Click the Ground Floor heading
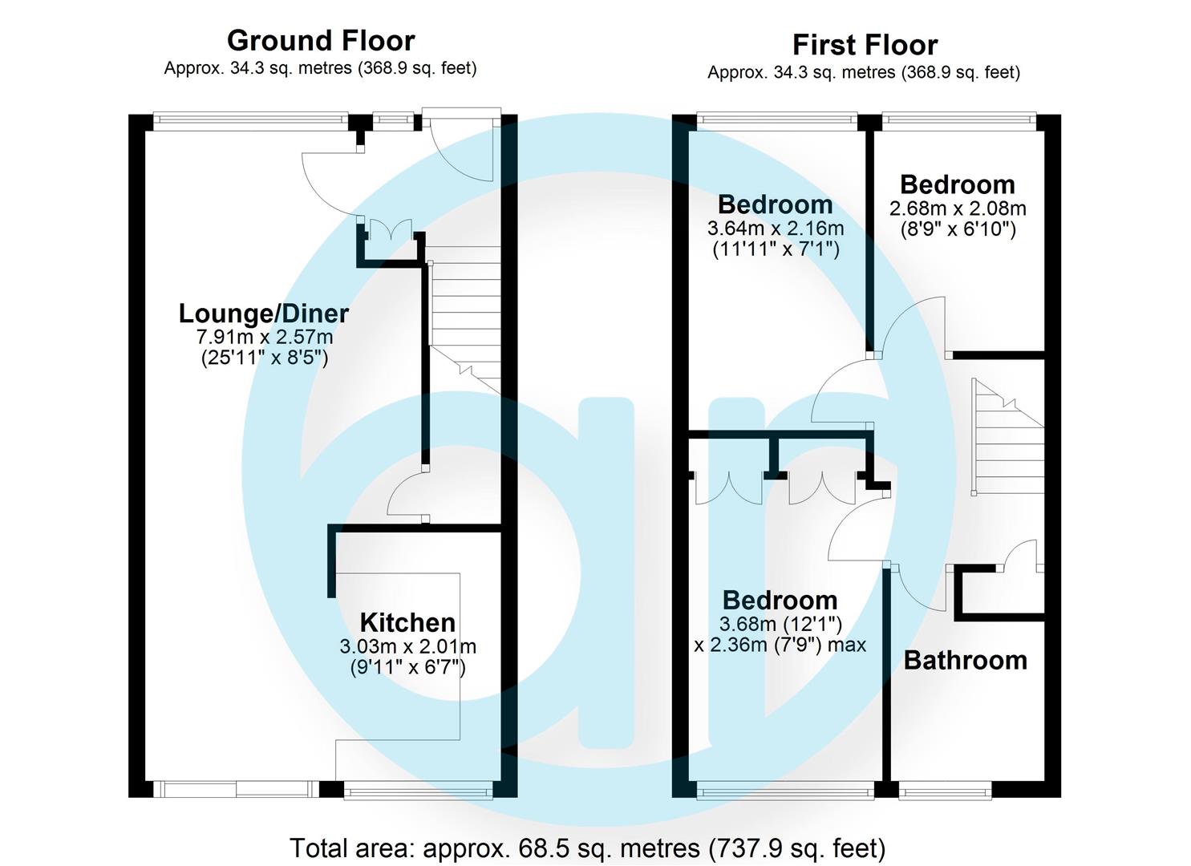click(320, 40)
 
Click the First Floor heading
click(865, 44)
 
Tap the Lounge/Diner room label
click(263, 313)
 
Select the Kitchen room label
click(407, 622)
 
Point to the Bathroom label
click(965, 660)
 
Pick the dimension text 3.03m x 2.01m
click(407, 646)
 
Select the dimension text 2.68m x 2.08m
click(958, 208)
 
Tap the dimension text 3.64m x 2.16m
click(775, 229)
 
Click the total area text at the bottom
click(587, 848)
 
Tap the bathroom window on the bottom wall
click(945, 792)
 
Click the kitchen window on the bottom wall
click(417, 792)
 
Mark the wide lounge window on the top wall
click(250, 121)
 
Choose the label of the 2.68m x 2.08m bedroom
click(958, 184)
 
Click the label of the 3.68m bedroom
click(780, 600)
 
